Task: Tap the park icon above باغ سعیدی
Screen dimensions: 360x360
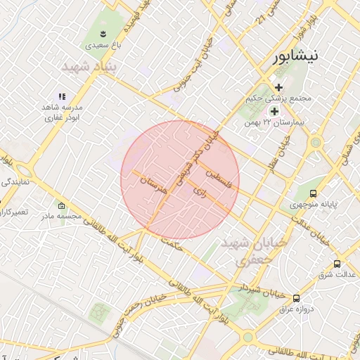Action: pos(103,34)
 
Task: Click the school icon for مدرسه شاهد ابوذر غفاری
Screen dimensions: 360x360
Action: pos(62,96)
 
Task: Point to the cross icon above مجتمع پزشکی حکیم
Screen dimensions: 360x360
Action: pos(279,87)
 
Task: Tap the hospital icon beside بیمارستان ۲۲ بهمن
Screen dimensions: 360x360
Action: pos(274,111)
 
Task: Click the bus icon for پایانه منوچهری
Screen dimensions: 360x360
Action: pos(313,193)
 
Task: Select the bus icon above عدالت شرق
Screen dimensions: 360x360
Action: pos(337,264)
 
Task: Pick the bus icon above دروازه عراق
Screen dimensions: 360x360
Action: pos(296,298)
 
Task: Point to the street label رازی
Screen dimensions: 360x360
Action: pos(198,191)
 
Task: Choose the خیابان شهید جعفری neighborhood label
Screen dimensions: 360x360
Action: pos(254,250)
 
